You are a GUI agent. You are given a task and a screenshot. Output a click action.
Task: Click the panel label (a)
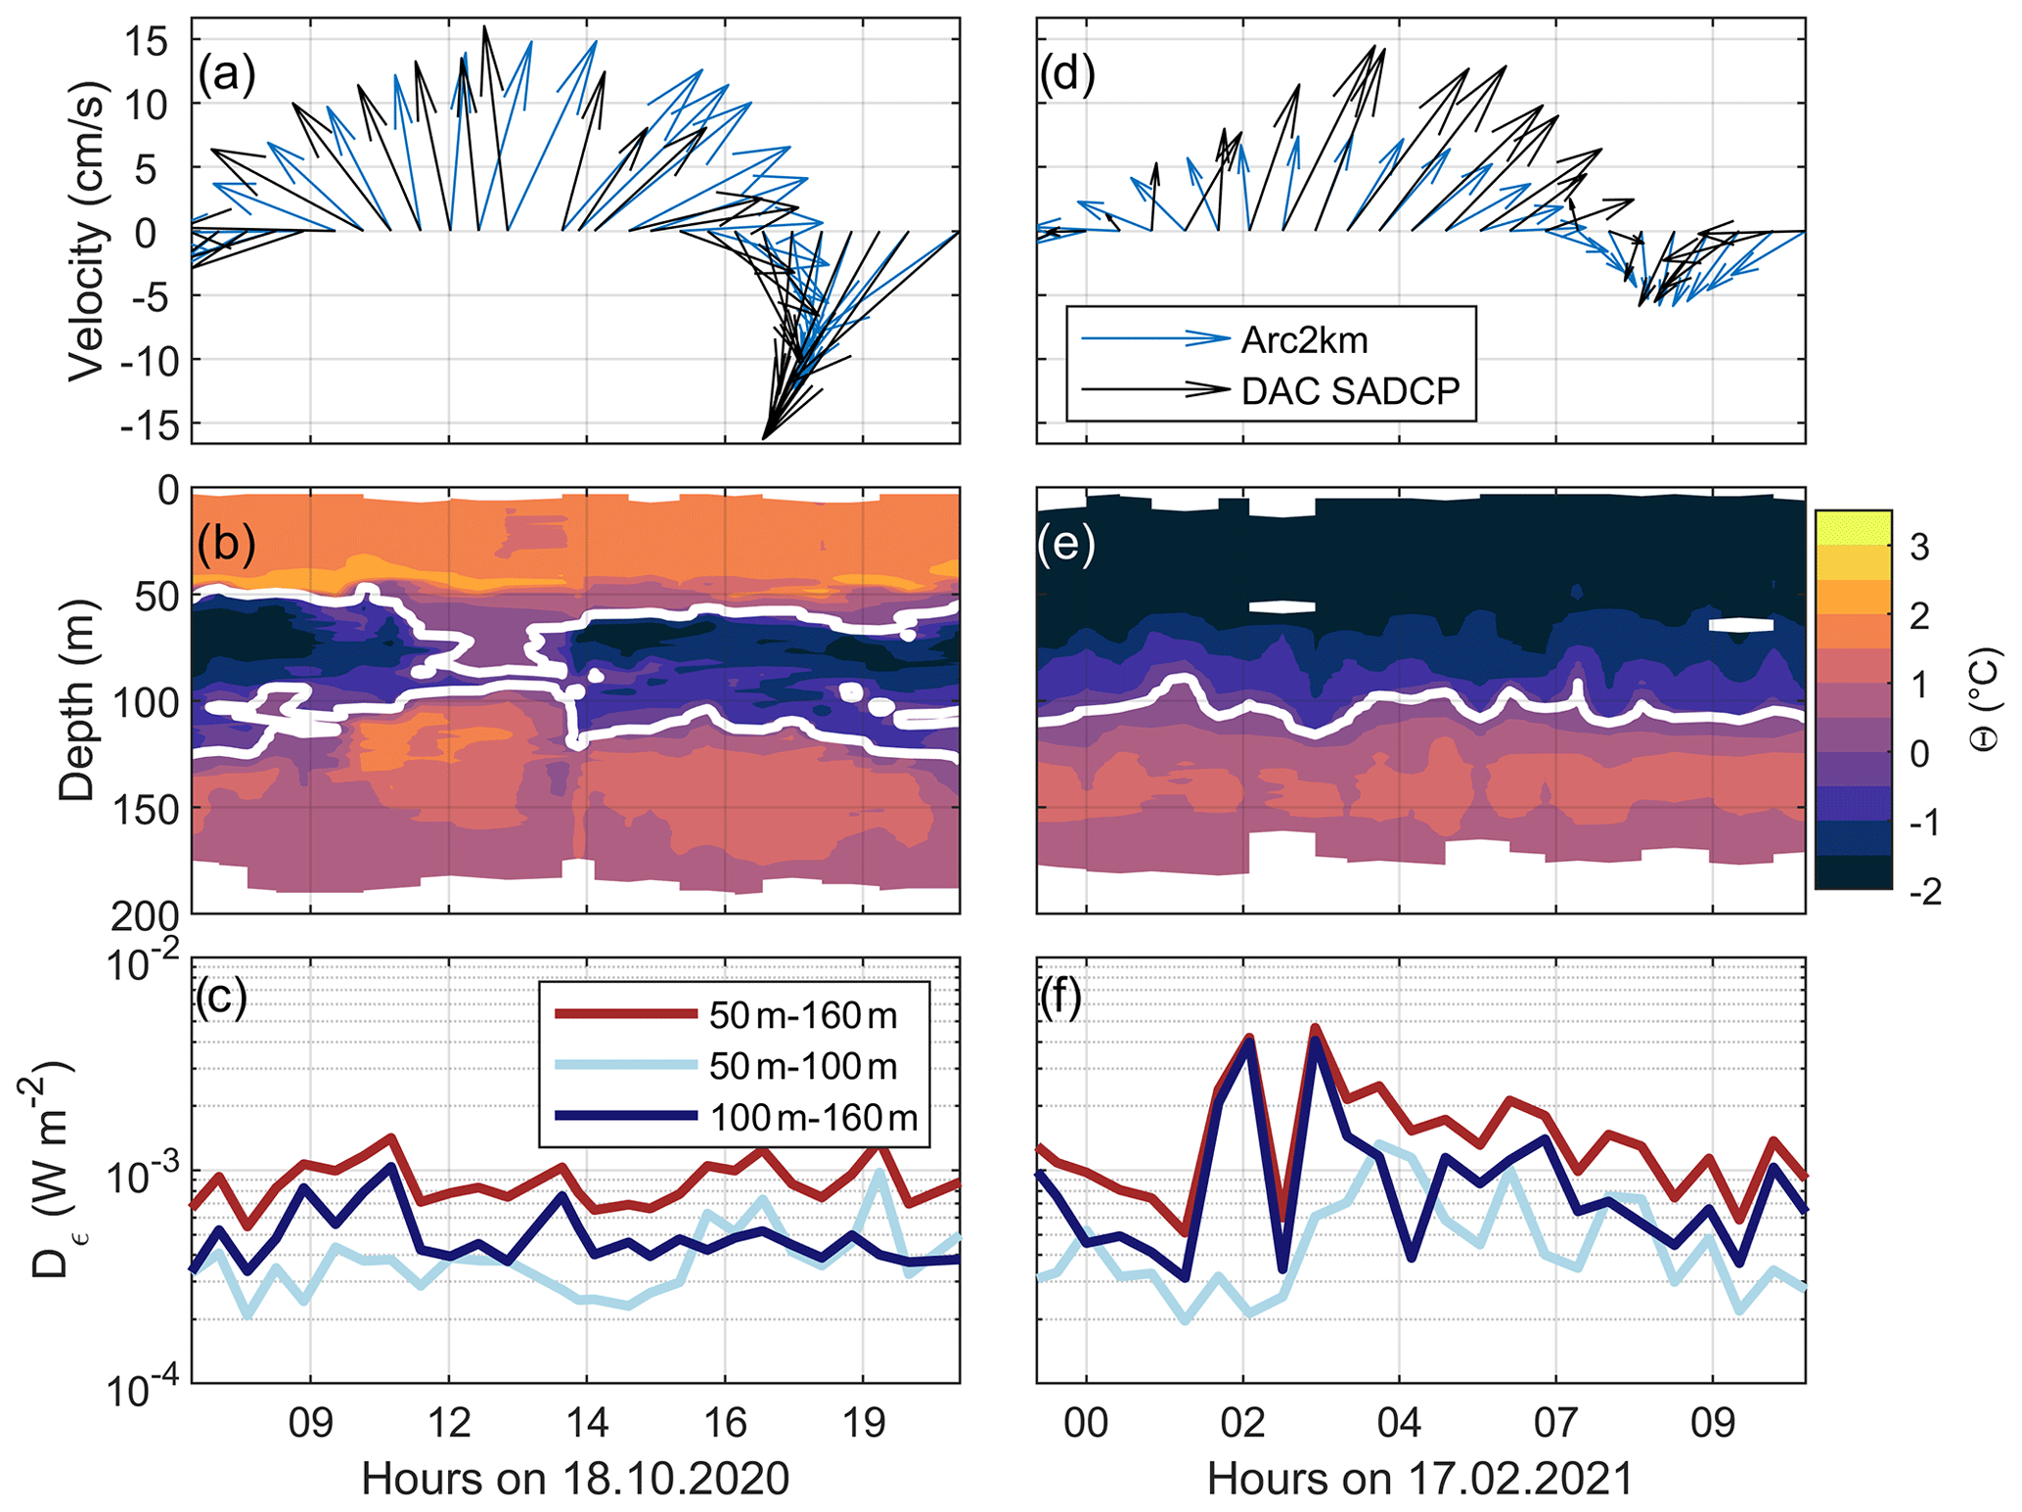(226, 74)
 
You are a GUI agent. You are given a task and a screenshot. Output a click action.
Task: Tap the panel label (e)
(1066, 544)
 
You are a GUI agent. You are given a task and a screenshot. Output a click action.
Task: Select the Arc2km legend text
(1304, 340)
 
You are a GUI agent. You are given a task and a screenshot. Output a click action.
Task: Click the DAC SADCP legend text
(1350, 390)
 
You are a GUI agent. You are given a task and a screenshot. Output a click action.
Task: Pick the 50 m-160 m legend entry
(803, 1016)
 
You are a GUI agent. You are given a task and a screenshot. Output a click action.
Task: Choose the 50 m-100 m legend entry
(803, 1066)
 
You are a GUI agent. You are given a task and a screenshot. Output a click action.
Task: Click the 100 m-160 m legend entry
(814, 1117)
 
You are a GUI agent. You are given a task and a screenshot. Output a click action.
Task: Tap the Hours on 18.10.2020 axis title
(575, 1479)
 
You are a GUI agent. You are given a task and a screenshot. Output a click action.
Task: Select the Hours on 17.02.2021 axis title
(1420, 1479)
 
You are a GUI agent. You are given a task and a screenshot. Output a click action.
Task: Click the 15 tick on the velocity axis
(146, 41)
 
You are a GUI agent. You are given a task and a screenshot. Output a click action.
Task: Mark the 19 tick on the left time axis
(863, 1422)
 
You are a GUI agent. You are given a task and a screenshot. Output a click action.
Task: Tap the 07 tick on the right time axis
(1555, 1422)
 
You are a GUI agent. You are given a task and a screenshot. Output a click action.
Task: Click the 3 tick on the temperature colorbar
(1919, 548)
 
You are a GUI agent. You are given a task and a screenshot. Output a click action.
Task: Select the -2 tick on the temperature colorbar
(1924, 891)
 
